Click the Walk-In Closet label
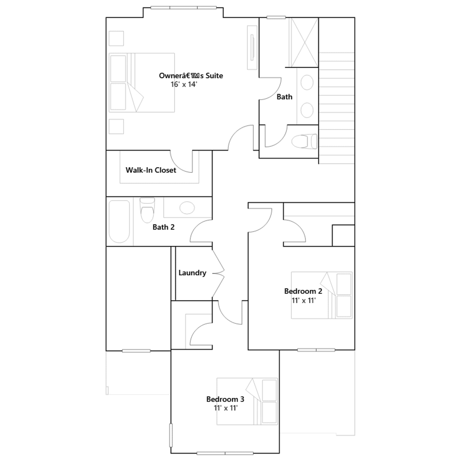pos(151,170)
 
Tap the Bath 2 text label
pos(163,227)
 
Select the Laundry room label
pos(192,273)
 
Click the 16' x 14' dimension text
pos(184,84)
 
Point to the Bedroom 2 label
pos(303,291)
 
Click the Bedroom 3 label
pos(225,399)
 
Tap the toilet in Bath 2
pos(147,210)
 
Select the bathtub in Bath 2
pos(119,222)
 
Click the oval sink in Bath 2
pos(187,208)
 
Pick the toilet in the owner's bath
pos(304,141)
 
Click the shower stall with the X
pos(304,43)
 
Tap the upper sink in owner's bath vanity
pos(307,83)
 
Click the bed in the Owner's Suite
pos(142,82)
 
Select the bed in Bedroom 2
pos(322,295)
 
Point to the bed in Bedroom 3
pos(247,401)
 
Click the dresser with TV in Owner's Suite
pos(252,48)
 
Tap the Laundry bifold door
pos(218,273)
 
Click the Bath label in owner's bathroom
pos(284,97)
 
